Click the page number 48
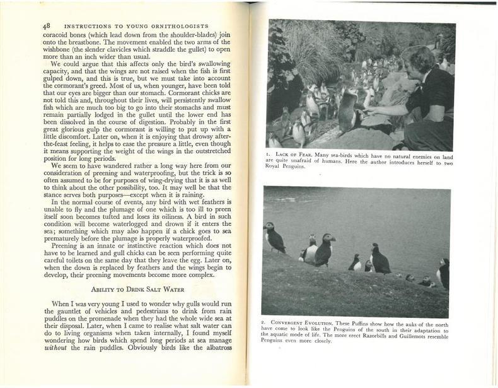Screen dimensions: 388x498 [46, 25]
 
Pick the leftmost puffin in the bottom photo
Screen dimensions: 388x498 [274, 237]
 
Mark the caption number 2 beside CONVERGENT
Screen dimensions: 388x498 [263, 322]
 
